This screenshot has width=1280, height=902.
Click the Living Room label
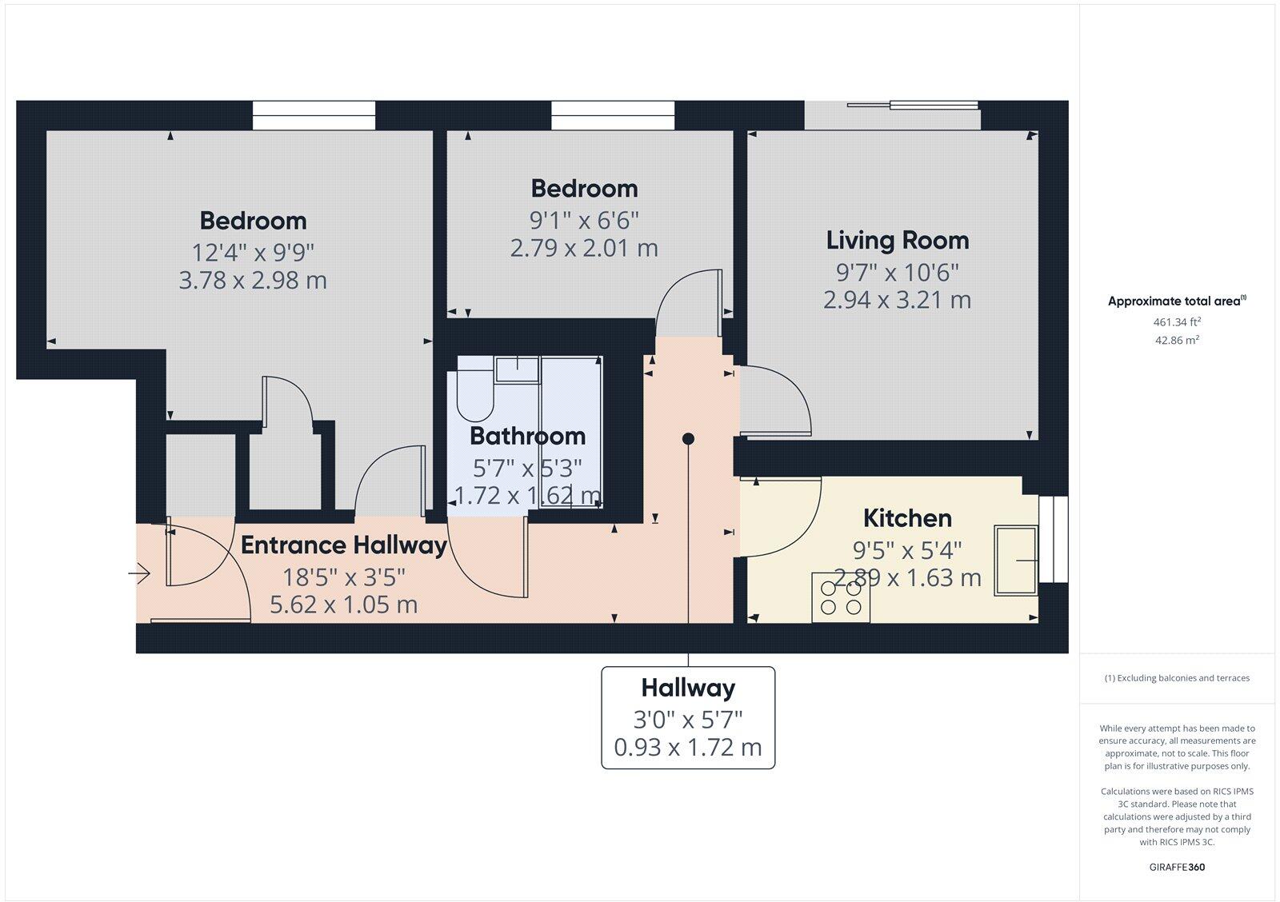coord(897,240)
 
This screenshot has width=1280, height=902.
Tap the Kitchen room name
coord(907,518)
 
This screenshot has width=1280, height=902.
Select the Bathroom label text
coord(527,436)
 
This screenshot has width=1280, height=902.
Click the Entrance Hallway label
coord(343,545)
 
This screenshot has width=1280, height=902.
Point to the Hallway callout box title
coord(688,688)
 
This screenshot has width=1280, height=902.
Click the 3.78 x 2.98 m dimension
coord(253,281)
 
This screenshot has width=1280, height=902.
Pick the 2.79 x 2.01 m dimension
coord(584,248)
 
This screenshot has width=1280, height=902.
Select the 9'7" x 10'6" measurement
coord(897,273)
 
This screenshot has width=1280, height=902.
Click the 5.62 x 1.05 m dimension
coord(343,605)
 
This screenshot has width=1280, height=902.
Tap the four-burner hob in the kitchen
coord(841,597)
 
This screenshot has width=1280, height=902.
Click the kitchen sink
coord(1015,561)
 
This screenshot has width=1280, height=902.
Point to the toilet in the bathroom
coord(477,395)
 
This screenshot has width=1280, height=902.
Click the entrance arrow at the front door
coord(140,573)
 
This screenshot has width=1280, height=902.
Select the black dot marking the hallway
coord(688,439)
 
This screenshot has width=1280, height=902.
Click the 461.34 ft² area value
coord(1176,322)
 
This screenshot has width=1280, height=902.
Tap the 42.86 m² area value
coord(1176,340)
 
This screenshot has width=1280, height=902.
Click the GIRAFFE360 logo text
coord(1176,867)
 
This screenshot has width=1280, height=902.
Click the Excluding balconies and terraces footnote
coord(1177,678)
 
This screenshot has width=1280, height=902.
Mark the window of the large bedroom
coord(314,115)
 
